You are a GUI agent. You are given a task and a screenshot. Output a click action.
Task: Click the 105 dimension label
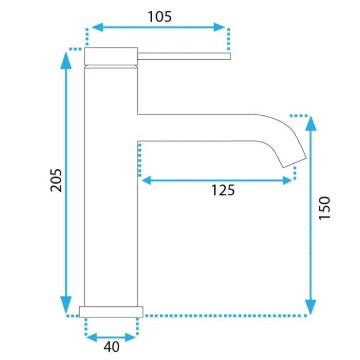point(159,17)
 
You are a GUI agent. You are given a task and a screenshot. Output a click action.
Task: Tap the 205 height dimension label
point(56,181)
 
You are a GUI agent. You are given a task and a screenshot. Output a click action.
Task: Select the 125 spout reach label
point(223,190)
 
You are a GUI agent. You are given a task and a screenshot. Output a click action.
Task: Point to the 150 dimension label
point(325,208)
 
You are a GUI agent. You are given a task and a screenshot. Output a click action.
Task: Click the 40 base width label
point(112,347)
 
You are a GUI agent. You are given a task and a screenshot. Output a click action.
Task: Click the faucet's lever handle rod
point(184,56)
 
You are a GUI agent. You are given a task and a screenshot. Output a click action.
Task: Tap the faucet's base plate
point(111,312)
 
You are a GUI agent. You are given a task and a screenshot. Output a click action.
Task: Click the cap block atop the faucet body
point(111,56)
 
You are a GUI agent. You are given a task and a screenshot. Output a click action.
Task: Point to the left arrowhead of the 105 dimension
point(97,27)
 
